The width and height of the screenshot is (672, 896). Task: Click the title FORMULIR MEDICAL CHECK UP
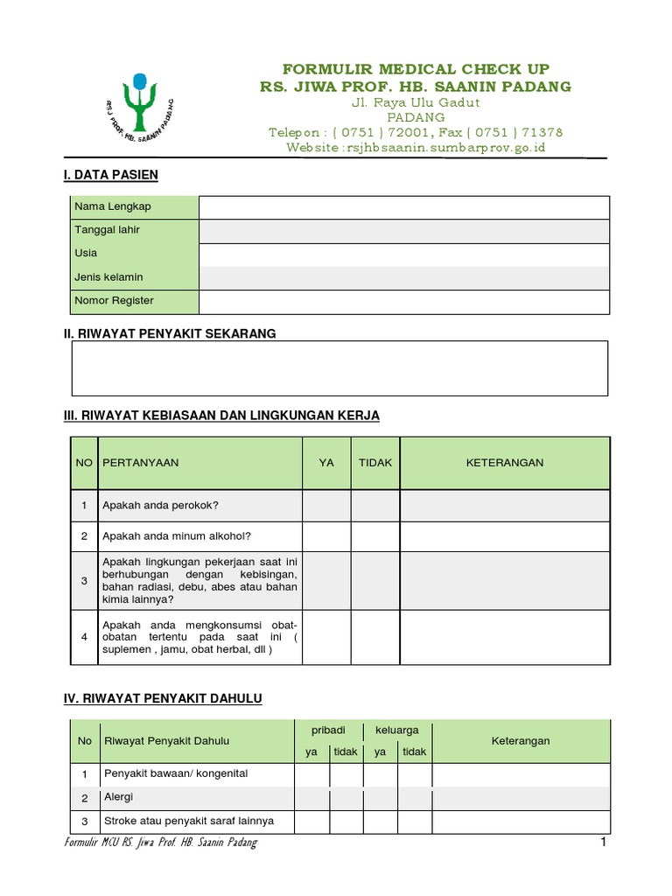pos(416,69)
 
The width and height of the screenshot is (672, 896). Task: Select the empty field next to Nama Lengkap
pos(403,207)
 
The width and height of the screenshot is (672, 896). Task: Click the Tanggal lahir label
pos(108,230)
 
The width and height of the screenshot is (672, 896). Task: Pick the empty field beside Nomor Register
pos(403,301)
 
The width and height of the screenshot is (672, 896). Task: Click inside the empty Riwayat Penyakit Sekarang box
pos(339,368)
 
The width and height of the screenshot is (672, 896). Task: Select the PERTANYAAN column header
pos(141,463)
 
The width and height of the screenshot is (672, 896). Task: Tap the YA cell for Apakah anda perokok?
pos(326,506)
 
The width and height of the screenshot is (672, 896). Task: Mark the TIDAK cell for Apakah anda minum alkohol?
pos(375,535)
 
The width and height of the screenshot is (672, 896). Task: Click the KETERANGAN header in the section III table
pos(504,463)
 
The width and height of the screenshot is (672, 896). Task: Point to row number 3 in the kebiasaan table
pos(84,580)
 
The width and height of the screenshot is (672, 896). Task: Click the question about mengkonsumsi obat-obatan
pos(199,637)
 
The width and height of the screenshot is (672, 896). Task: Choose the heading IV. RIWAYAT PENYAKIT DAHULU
pos(163,698)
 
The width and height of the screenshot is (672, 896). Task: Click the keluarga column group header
pos(396,729)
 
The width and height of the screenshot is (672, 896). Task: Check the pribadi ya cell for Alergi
pos(311,798)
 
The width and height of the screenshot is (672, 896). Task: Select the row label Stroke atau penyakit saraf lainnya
pos(189,822)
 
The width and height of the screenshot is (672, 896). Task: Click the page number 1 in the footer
pos(603,843)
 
